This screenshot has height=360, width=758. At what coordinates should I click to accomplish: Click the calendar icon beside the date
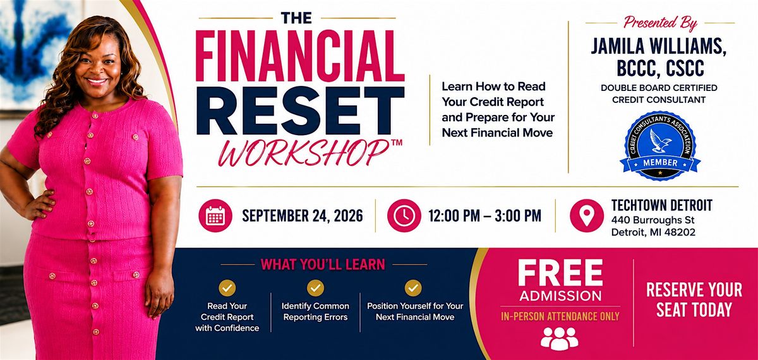(x=215, y=215)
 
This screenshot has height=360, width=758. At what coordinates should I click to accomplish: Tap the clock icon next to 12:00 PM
(x=404, y=215)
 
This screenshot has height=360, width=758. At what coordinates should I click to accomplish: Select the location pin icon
(x=587, y=215)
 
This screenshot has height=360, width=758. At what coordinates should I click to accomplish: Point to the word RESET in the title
(x=301, y=111)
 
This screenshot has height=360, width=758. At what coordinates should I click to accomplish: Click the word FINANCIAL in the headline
(x=300, y=56)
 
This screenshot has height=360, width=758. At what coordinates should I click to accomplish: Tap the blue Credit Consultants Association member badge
(x=660, y=145)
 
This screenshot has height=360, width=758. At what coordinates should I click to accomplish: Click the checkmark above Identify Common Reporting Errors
(x=315, y=288)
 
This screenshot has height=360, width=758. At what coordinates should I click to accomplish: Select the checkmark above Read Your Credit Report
(x=227, y=288)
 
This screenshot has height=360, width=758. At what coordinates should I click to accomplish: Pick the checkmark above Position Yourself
(x=413, y=288)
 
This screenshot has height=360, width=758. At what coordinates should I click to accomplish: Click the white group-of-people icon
(x=560, y=339)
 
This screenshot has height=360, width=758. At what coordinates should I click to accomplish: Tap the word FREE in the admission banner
(x=560, y=273)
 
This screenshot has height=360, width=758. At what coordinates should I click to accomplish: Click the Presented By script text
(x=661, y=23)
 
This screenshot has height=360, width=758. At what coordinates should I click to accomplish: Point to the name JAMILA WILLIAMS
(x=658, y=46)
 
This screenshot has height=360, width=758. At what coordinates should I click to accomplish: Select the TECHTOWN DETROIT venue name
(x=662, y=205)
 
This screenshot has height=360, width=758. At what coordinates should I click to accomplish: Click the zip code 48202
(x=680, y=232)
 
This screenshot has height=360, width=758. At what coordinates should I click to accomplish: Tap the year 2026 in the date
(x=348, y=216)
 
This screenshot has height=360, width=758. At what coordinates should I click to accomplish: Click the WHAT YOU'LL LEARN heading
(x=323, y=265)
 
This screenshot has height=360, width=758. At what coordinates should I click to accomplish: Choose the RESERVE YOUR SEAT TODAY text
(x=694, y=300)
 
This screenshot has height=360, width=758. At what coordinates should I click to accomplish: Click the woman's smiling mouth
(x=97, y=81)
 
